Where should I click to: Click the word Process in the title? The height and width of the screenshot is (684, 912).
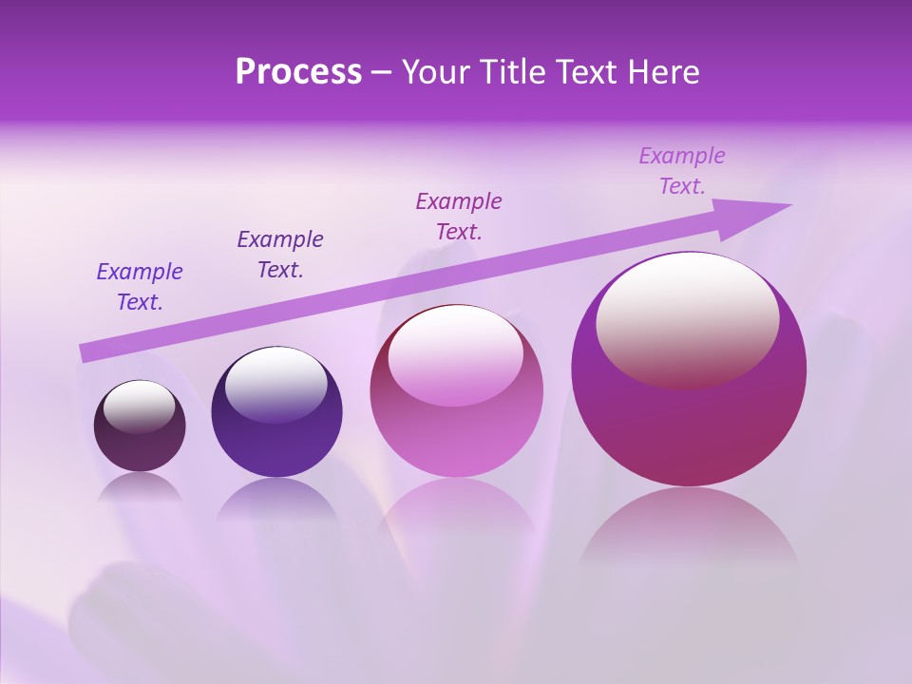298,72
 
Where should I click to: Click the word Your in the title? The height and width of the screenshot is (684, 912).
435,72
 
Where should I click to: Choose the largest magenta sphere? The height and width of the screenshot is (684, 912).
689,427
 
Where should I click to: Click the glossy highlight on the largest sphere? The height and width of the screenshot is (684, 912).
687,318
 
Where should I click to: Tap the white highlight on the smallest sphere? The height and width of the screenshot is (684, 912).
140,407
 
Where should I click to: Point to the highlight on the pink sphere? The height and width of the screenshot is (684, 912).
455,354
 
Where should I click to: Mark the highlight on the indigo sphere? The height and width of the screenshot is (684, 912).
275,383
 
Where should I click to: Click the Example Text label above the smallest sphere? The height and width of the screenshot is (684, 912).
140,287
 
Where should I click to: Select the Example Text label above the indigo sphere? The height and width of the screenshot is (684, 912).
280,255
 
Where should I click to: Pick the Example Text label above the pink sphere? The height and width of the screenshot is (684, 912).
459,217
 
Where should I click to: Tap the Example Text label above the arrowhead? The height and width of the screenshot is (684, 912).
682,171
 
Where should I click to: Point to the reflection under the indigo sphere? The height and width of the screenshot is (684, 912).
276,499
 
